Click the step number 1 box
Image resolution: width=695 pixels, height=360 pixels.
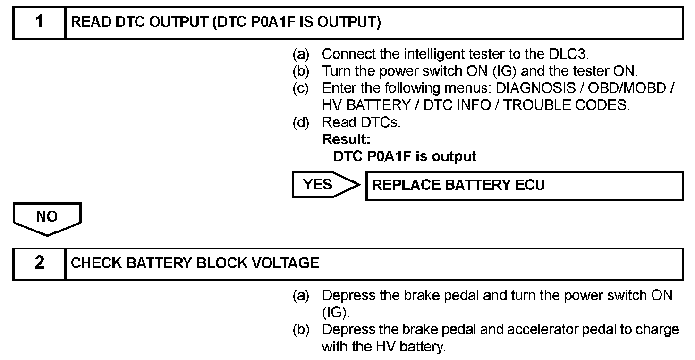coord(39,22)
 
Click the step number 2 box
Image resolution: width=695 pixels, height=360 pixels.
coord(39,263)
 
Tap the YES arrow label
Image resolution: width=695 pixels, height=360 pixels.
coord(318,184)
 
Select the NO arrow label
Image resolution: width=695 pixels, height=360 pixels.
coord(47,217)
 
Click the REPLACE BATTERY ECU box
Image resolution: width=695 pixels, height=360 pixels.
coord(524,185)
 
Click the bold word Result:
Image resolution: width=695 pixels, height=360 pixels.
coord(346,139)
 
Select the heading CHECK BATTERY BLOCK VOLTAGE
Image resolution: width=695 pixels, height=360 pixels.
coord(195,263)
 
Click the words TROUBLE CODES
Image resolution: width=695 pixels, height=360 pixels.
coord(567,105)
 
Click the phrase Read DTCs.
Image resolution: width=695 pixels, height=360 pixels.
coord(361,122)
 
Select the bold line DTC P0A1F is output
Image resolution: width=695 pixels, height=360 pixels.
coord(405,156)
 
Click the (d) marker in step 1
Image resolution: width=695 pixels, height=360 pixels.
coord(301,122)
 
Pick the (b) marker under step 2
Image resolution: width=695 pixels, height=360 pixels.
coord(301,329)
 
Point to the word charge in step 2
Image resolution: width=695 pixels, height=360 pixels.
coord(658,329)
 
